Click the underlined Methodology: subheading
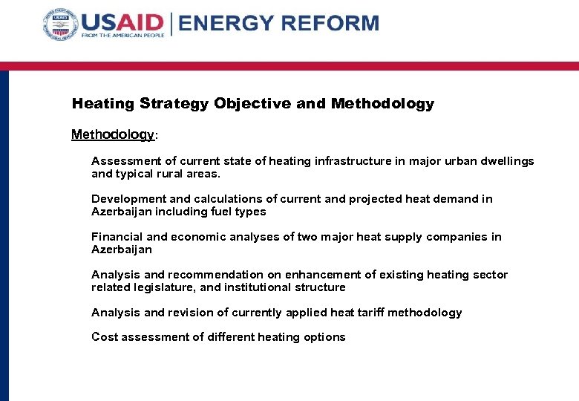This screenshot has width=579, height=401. [x=114, y=134]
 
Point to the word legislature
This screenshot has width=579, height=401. [x=163, y=287]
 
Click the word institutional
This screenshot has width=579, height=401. [x=262, y=287]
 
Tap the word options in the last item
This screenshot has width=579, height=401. [x=324, y=337]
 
